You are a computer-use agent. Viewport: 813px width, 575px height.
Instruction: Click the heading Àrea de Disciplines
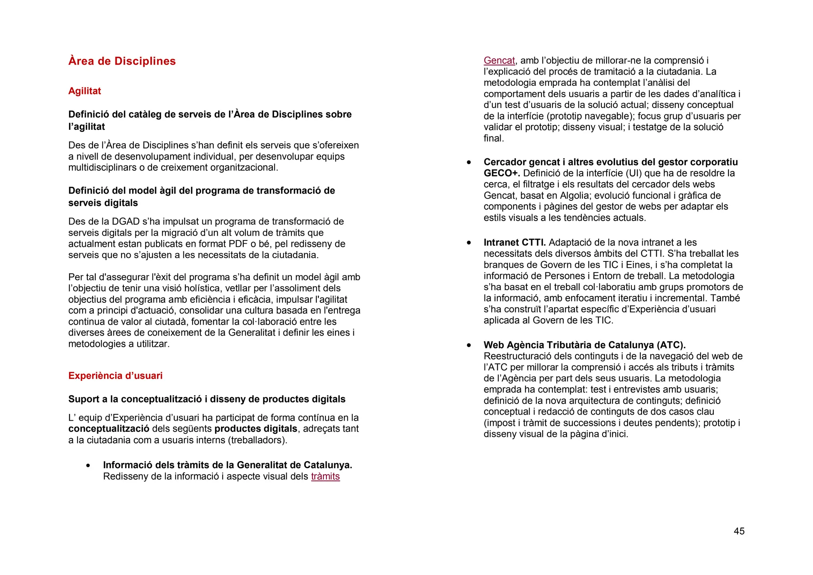(x=122, y=61)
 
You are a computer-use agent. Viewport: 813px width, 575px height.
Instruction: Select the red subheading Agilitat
(x=85, y=91)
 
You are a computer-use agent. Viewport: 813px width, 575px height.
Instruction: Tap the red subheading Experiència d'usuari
(x=115, y=375)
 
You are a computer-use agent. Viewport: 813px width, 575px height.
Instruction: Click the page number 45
(x=739, y=531)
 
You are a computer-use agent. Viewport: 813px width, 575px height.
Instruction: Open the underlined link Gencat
(x=499, y=60)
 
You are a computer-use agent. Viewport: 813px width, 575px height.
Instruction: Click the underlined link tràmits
(x=325, y=476)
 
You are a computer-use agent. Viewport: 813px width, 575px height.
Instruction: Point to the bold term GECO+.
(x=501, y=173)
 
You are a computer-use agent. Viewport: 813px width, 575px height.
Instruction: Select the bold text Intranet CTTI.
(x=514, y=242)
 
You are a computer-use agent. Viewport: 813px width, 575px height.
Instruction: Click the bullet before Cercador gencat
(x=469, y=162)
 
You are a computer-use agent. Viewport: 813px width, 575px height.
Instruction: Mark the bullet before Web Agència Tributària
(x=469, y=345)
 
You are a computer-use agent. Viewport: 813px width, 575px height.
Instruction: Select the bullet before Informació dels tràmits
(x=88, y=465)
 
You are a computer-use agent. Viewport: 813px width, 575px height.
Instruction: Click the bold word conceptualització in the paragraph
(x=109, y=429)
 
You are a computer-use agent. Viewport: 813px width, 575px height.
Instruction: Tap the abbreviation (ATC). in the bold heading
(x=671, y=345)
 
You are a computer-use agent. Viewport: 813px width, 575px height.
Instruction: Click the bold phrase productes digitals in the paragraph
(x=256, y=429)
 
